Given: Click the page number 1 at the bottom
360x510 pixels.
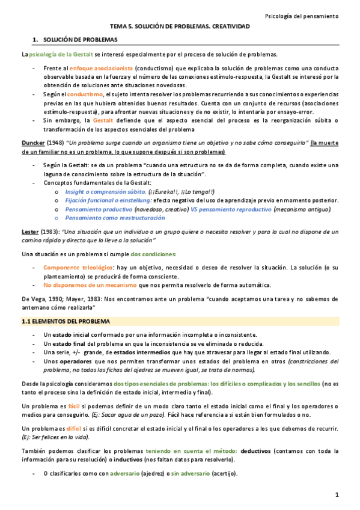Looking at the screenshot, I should click(338, 494).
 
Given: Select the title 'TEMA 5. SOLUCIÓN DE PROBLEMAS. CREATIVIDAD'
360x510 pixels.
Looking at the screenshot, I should click(179, 27).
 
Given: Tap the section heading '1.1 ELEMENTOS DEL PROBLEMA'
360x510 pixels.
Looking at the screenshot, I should click(64, 322).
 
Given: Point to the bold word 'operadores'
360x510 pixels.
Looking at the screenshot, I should click(76, 361).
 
